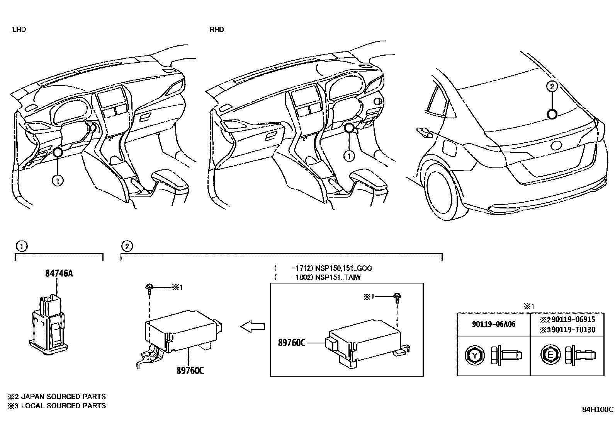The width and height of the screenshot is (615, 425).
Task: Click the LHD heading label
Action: click(x=19, y=29)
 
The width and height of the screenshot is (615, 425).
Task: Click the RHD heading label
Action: click(x=217, y=29)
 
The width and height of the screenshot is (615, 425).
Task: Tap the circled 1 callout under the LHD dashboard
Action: click(x=58, y=180)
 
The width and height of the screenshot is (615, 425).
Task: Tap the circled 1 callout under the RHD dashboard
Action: click(x=349, y=156)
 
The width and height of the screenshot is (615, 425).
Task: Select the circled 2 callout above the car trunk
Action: click(x=552, y=87)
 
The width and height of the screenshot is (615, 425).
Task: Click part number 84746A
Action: click(x=59, y=273)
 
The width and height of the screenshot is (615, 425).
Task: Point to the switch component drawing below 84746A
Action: click(x=48, y=323)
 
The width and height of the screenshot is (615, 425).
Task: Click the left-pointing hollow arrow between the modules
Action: click(x=253, y=327)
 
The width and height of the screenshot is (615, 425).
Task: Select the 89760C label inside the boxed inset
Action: click(x=292, y=343)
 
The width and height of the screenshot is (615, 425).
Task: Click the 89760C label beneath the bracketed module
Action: click(x=190, y=370)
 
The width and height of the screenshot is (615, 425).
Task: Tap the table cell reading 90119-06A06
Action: click(x=493, y=324)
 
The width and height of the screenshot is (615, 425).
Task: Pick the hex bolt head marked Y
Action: click(x=474, y=355)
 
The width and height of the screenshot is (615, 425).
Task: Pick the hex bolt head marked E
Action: click(x=548, y=355)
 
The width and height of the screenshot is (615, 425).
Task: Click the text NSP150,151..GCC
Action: click(x=343, y=268)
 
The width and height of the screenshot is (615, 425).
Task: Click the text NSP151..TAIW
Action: click(x=338, y=277)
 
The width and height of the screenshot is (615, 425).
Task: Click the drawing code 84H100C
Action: click(x=598, y=409)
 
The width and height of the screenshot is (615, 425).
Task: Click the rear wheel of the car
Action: click(x=439, y=193)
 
